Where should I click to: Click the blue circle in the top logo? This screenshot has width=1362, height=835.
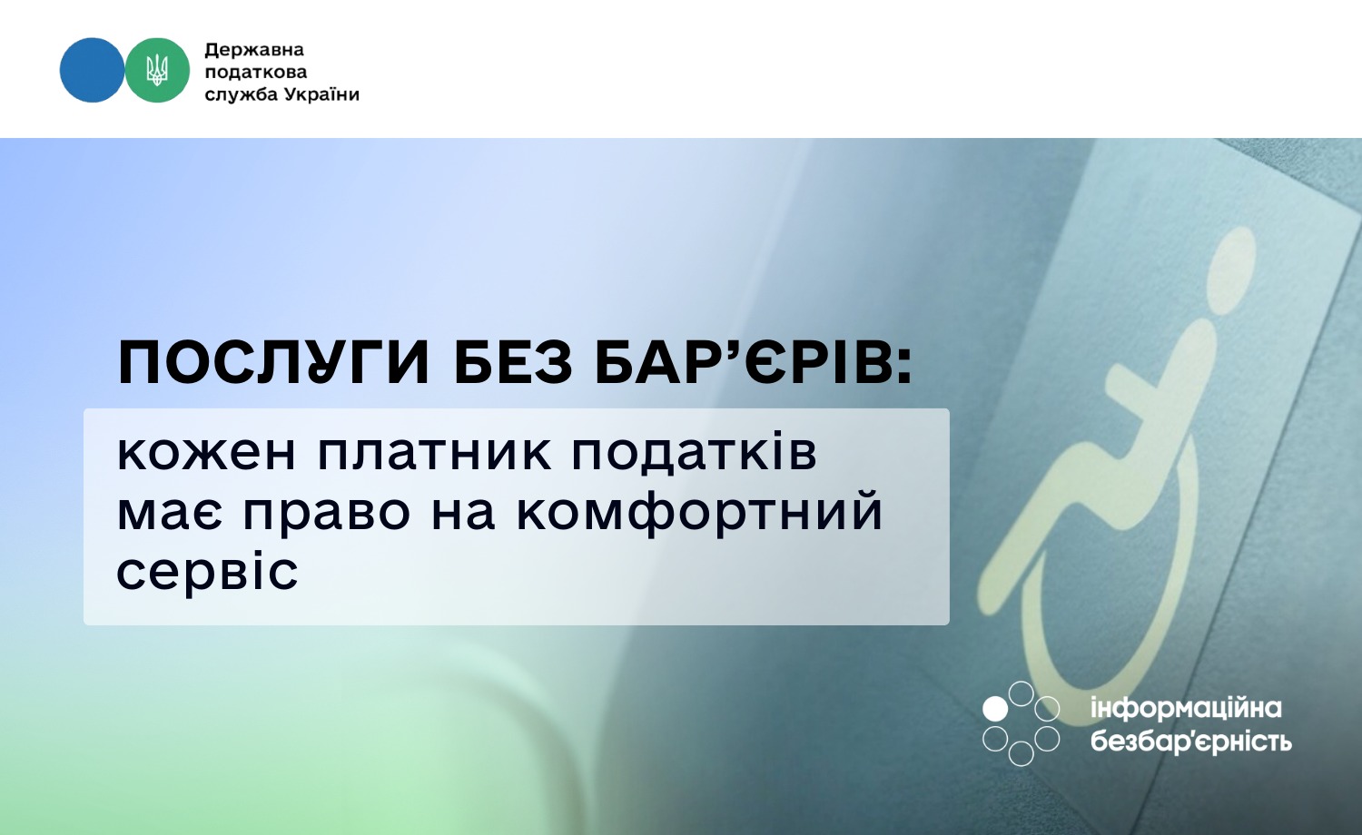(92, 70)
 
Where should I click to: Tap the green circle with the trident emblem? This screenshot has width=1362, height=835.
(157, 70)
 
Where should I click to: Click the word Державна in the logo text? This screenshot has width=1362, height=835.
(254, 50)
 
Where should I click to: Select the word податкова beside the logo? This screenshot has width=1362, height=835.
(256, 72)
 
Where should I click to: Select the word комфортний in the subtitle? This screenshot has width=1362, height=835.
(700, 511)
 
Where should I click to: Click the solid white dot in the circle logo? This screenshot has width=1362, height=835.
(995, 709)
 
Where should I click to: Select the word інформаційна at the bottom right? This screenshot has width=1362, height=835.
(1186, 708)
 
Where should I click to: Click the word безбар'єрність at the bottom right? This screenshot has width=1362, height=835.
(1190, 741)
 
